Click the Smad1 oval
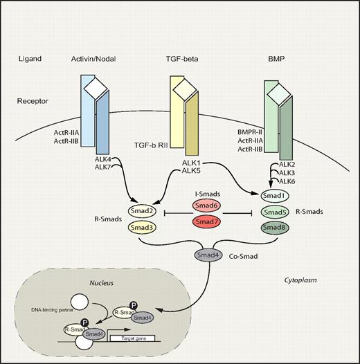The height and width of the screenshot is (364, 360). click(x=276, y=196)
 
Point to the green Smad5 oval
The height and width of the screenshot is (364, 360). click(x=276, y=212)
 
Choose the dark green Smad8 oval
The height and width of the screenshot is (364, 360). click(x=276, y=227)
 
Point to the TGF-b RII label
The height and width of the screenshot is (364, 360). click(x=153, y=147)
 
